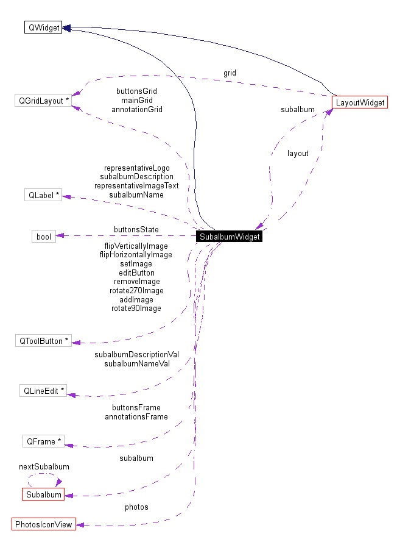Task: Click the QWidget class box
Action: [43, 27]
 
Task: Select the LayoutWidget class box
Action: [360, 102]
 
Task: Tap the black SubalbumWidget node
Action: [230, 237]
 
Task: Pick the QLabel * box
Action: [42, 195]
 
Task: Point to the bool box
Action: [44, 236]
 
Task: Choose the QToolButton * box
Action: [43, 341]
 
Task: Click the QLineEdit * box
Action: [43, 391]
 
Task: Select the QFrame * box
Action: [43, 441]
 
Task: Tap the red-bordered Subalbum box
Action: [43, 494]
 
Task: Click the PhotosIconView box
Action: [43, 524]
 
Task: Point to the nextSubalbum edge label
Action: [44, 466]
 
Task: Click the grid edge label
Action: [230, 73]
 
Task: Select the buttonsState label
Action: [136, 229]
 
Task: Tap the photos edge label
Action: [136, 507]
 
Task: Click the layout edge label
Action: [298, 153]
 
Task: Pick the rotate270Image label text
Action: [136, 291]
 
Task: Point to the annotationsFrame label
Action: [136, 416]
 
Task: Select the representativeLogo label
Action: [136, 168]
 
